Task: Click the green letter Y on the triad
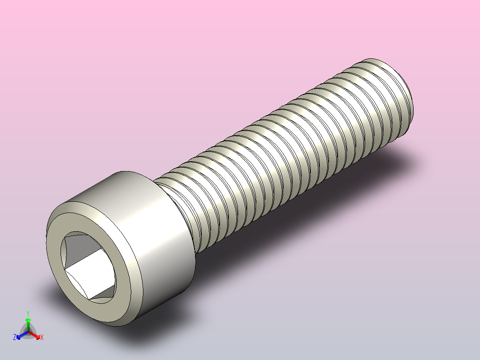28,313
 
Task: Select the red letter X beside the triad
42,337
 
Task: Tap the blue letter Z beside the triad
15,337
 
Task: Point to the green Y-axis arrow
28,323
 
